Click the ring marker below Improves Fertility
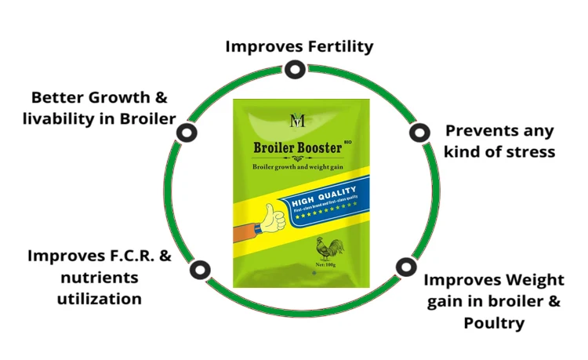(294, 70)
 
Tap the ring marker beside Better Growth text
(185, 132)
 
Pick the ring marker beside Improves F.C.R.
(201, 270)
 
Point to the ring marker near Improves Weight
(405, 267)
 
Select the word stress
(529, 151)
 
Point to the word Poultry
(493, 322)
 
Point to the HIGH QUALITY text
(325, 192)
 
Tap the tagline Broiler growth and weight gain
(297, 167)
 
